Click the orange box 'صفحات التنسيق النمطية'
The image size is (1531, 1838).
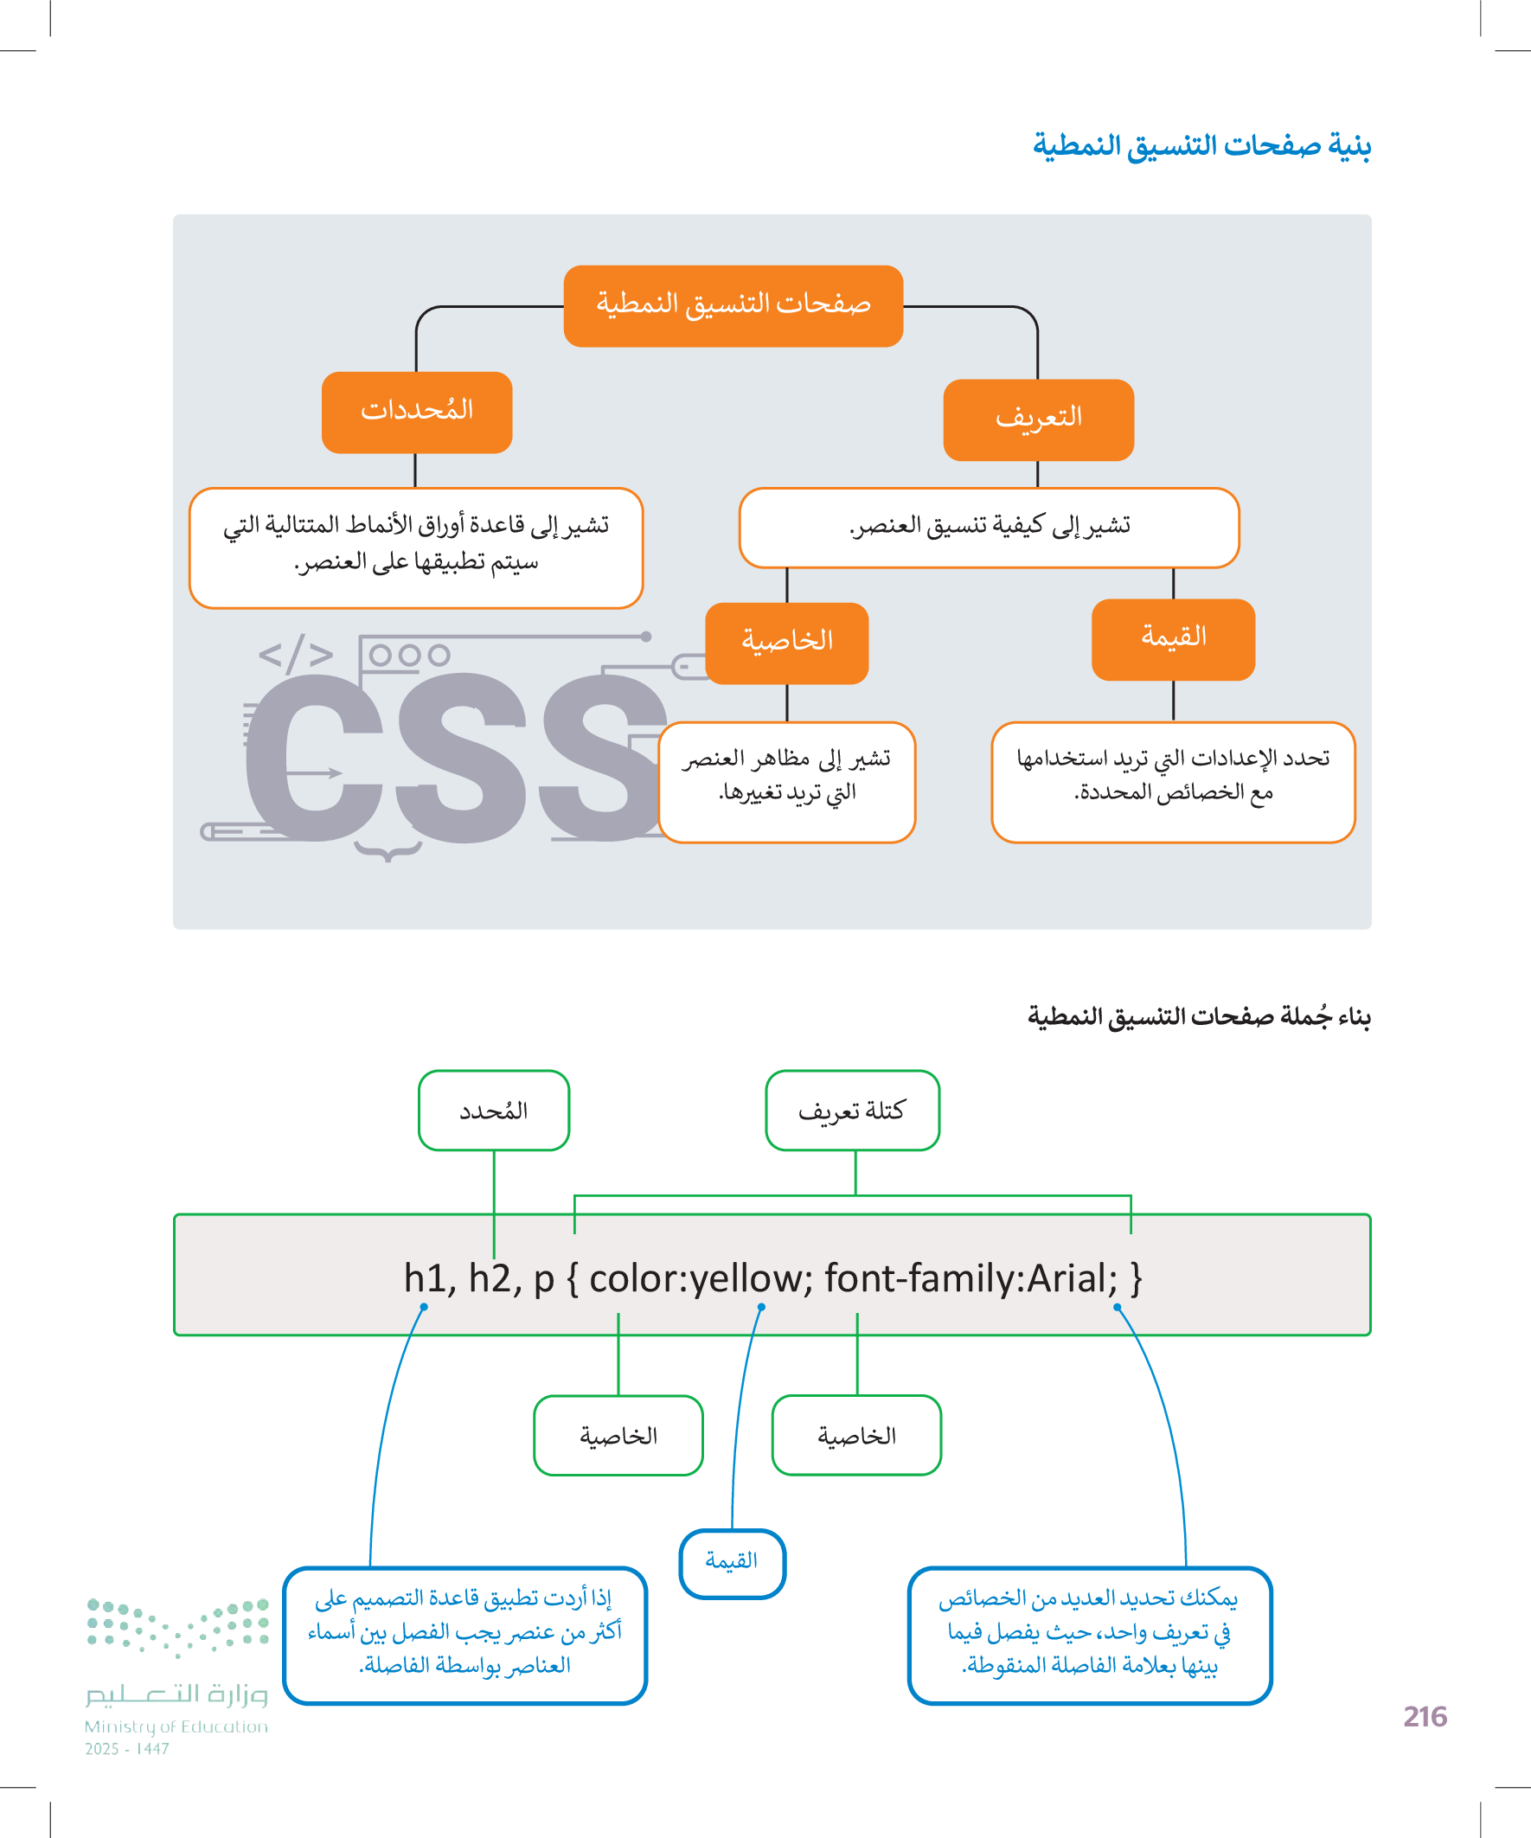(x=733, y=305)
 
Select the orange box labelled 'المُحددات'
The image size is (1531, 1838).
(x=417, y=413)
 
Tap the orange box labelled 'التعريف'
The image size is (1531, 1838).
(x=1038, y=419)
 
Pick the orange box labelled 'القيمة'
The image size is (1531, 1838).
(x=1173, y=639)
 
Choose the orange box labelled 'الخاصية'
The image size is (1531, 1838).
(x=787, y=643)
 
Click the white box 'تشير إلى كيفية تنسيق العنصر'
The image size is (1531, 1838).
(x=990, y=527)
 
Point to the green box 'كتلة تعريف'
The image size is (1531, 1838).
(x=852, y=1110)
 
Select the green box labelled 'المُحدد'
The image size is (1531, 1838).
(x=494, y=1110)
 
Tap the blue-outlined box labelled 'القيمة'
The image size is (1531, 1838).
(x=732, y=1563)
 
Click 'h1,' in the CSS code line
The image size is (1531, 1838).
(x=430, y=1278)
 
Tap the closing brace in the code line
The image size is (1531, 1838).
(x=1137, y=1278)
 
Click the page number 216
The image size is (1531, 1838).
(x=1425, y=1716)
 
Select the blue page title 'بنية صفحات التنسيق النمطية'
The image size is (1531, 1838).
(x=1201, y=145)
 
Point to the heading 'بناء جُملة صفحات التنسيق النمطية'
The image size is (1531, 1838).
(x=1199, y=1017)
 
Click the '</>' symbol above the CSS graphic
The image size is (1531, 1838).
(x=296, y=654)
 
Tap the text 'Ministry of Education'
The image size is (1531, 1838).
(x=176, y=1726)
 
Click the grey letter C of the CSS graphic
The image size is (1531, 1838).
(x=313, y=757)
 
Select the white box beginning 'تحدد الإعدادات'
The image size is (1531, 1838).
(x=1173, y=782)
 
